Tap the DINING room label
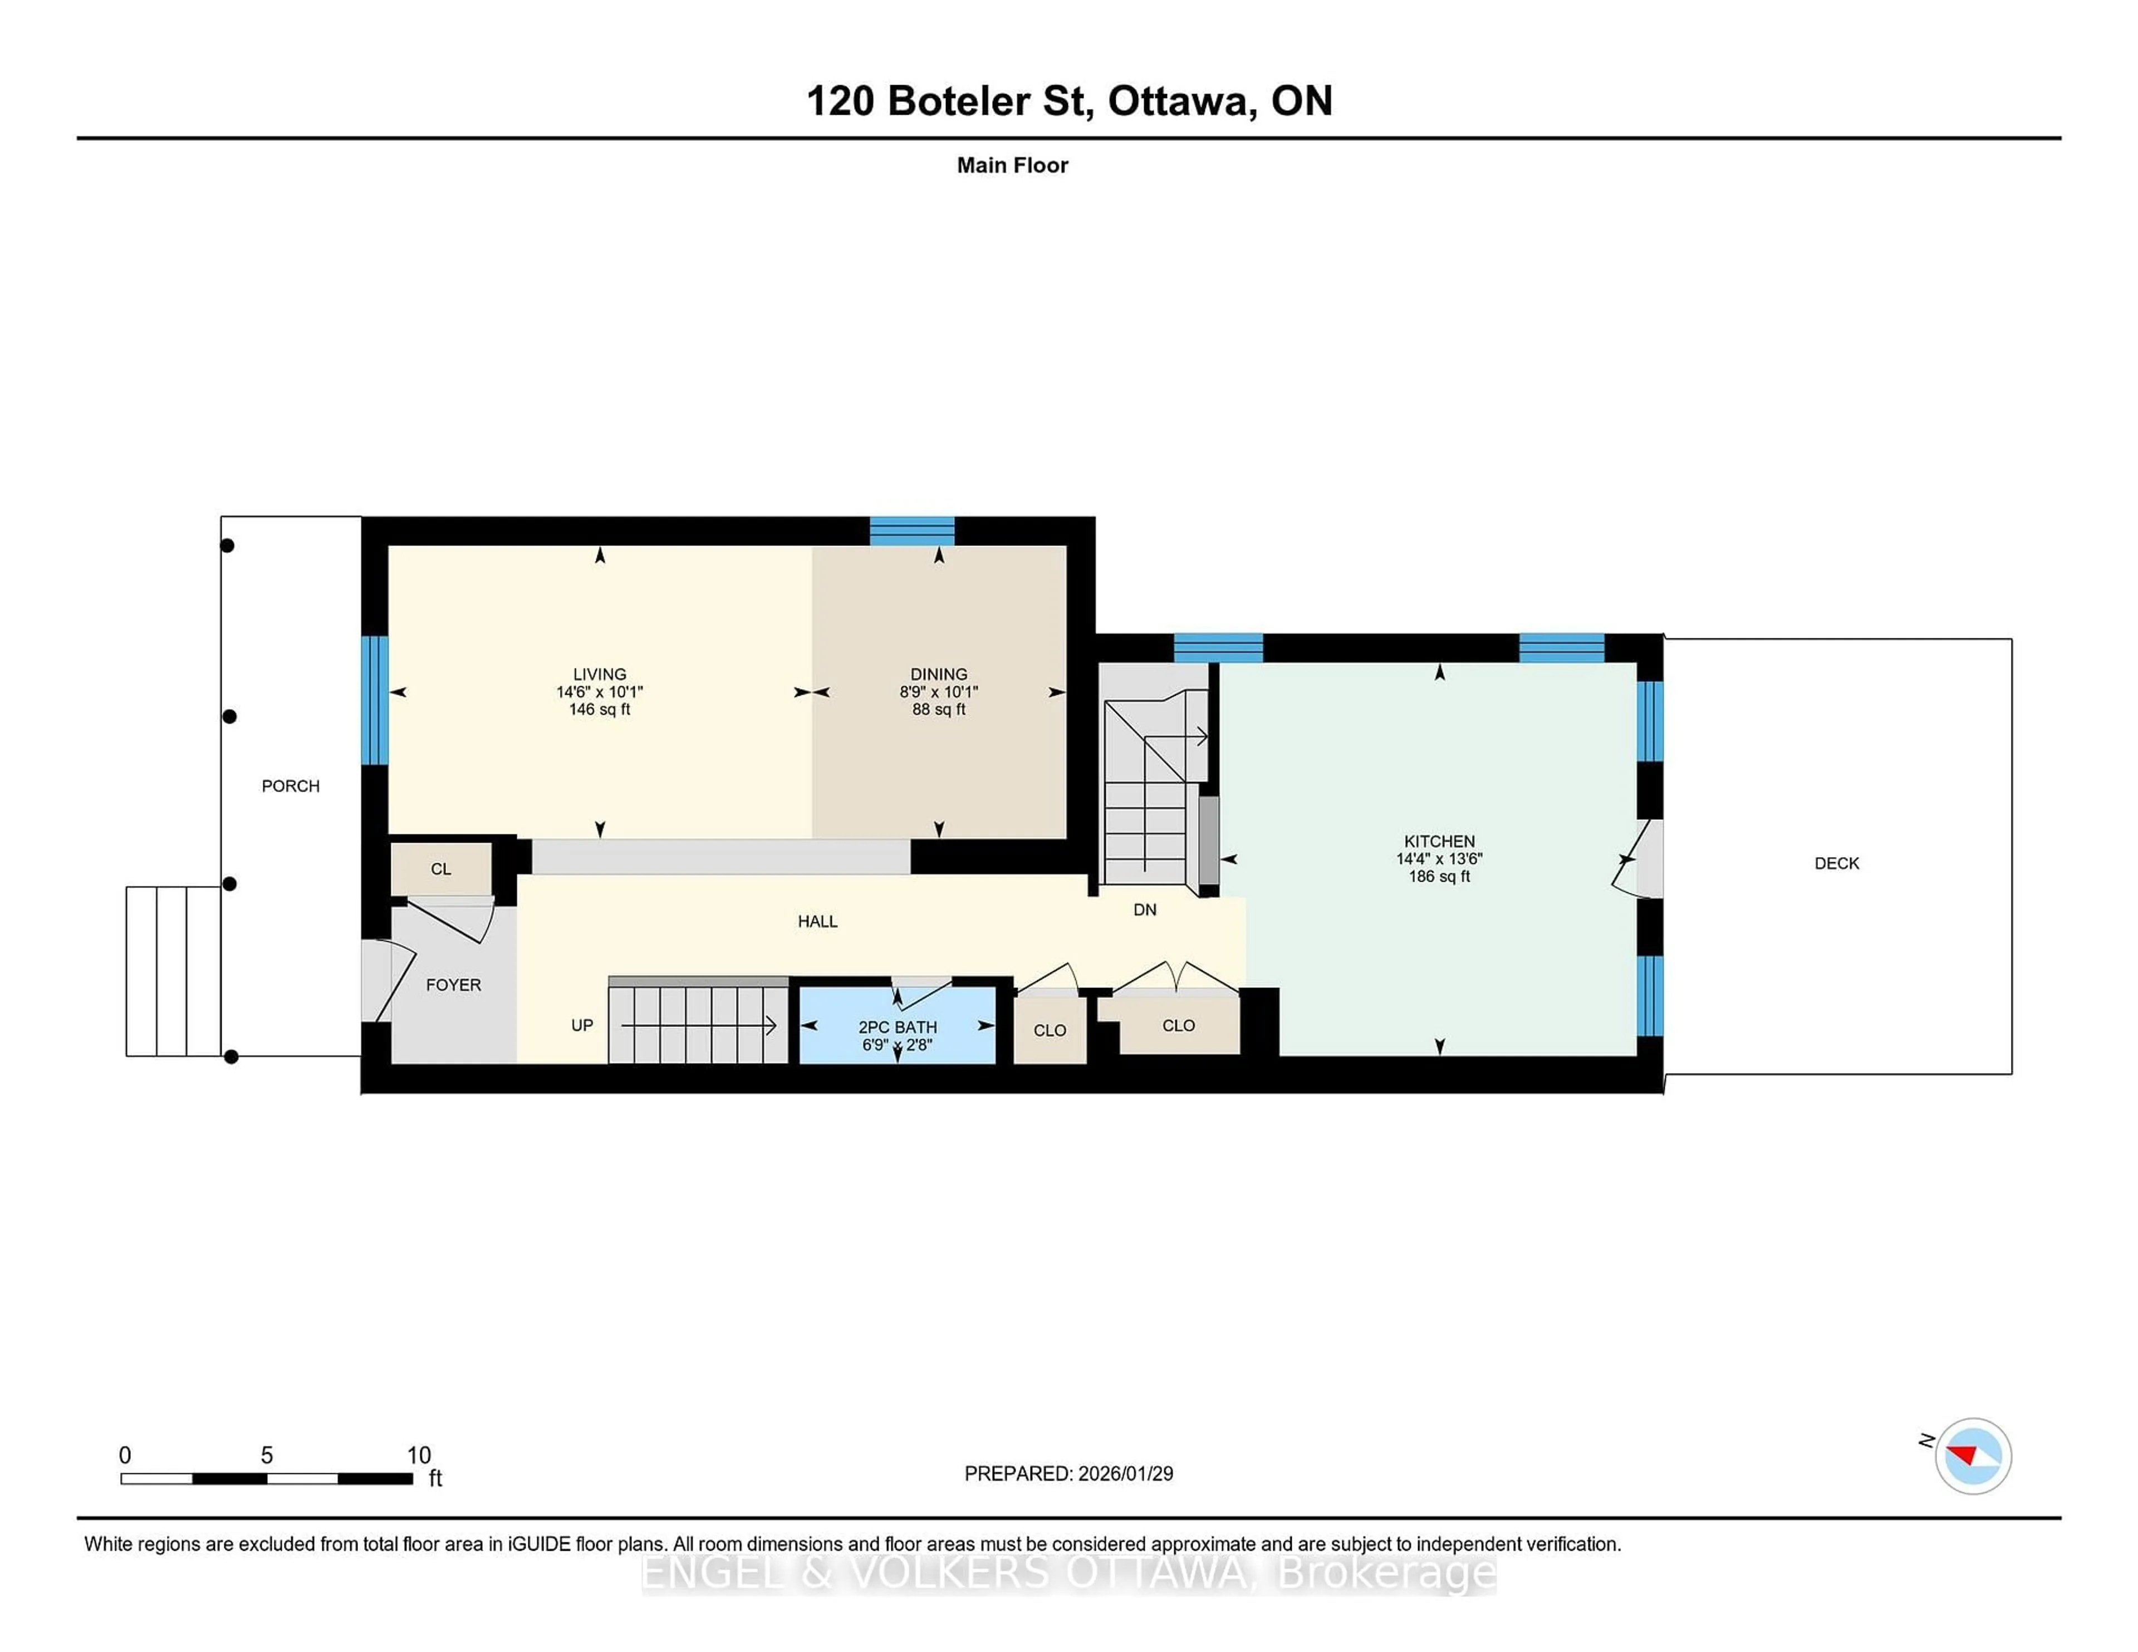coord(938,673)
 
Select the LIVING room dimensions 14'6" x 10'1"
coord(599,692)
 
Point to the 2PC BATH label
coord(897,1026)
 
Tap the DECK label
coord(1836,863)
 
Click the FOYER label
coord(453,985)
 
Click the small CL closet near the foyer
coord(440,869)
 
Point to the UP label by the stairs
coord(581,1025)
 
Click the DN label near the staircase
coord(1144,909)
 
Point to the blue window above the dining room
coord(911,530)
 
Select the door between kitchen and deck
coord(1639,858)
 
